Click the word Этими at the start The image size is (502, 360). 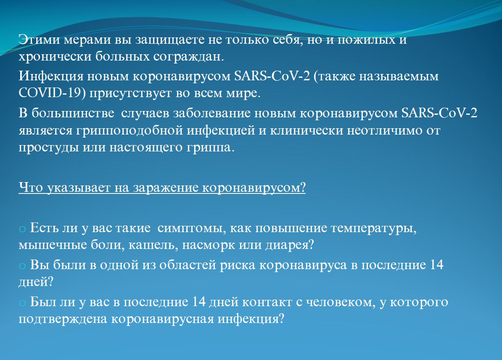[x=39, y=40]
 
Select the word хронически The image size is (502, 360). [x=55, y=57]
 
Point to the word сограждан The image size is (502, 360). [x=188, y=57]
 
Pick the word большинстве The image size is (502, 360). [x=73, y=113]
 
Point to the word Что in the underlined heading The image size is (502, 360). [x=30, y=188]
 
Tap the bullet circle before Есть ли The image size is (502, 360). [x=22, y=229]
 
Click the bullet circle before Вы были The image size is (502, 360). [x=22, y=266]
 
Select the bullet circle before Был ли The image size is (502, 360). [x=22, y=303]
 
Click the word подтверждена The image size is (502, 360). [x=63, y=319]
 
